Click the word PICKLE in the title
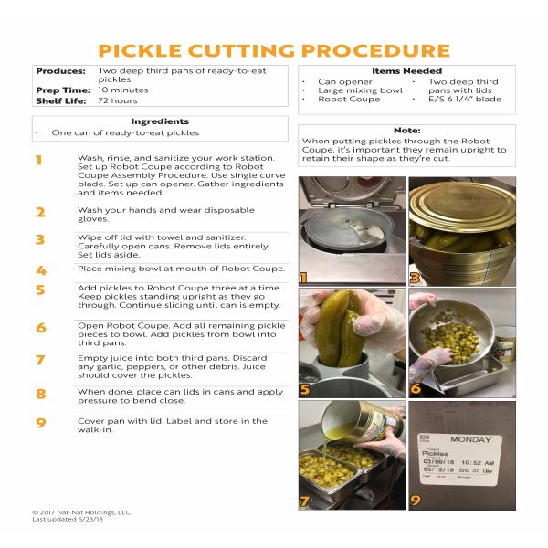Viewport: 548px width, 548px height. point(140,50)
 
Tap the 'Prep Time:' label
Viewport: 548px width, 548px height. point(63,90)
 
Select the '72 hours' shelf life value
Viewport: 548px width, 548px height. point(118,100)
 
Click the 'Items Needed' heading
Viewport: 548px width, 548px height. point(406,71)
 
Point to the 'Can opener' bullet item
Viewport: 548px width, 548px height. point(345,82)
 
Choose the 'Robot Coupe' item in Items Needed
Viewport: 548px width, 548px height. point(349,99)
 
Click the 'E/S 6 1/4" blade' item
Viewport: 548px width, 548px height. point(465,99)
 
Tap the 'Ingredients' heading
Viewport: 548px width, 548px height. point(160,121)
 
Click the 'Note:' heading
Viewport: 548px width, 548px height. point(406,131)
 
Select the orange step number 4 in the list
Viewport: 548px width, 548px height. point(41,270)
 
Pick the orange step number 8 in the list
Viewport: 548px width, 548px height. point(41,394)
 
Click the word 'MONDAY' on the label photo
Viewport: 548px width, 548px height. point(470,439)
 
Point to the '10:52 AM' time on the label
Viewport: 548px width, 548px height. point(478,463)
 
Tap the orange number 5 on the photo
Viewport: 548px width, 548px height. point(305,389)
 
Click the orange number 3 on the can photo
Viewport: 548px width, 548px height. point(415,279)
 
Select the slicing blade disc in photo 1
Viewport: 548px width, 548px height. point(346,227)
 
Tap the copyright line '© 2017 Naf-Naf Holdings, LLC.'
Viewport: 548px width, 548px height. point(82,512)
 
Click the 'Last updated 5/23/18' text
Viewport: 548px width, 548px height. point(68,520)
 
